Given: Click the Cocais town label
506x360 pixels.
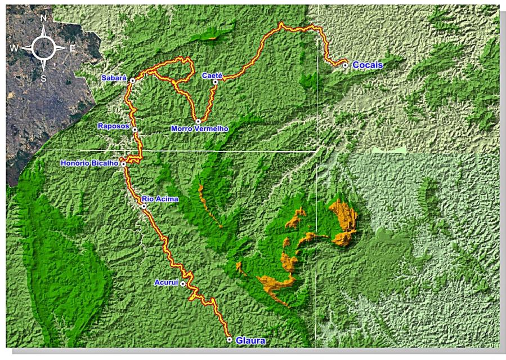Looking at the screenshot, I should pyautogui.click(x=368, y=65).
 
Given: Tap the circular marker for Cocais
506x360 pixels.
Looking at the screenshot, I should pyautogui.click(x=345, y=65).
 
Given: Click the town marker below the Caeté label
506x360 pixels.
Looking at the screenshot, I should pyautogui.click(x=215, y=82).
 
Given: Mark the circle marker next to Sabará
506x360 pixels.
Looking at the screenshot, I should pyautogui.click(x=132, y=81).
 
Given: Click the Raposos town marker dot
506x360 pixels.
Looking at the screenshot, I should pyautogui.click(x=135, y=130).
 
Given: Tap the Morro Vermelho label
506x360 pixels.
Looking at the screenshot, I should pyautogui.click(x=199, y=129).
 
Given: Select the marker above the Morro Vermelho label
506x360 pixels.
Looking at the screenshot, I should pyautogui.click(x=198, y=121).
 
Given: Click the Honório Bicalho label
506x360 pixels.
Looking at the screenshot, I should pyautogui.click(x=90, y=163).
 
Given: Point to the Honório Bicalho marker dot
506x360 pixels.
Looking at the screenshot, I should pyautogui.click(x=123, y=164).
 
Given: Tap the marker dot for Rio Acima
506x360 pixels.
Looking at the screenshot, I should pyautogui.click(x=144, y=207).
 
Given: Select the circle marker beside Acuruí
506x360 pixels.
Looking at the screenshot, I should pyautogui.click(x=183, y=284).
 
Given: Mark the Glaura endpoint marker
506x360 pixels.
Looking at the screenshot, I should pyautogui.click(x=230, y=340).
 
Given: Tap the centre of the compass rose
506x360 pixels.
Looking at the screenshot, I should pyautogui.click(x=43, y=48).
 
